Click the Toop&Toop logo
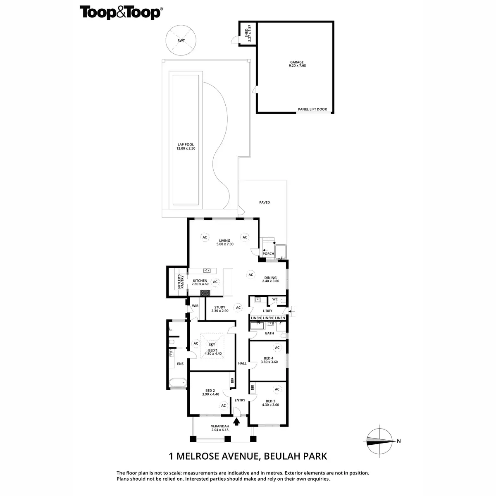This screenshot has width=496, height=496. point(120,12)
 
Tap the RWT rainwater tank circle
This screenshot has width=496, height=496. point(180,41)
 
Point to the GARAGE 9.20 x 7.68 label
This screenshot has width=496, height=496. point(297,64)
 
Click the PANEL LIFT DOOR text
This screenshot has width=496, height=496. point(312,110)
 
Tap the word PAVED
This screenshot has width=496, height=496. point(265,203)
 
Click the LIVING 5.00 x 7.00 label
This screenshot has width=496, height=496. point(225,242)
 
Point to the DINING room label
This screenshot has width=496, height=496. point(271,279)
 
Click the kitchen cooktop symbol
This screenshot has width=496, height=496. point(205,293)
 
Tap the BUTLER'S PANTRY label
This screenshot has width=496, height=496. point(180,282)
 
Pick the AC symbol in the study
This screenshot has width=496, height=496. point(238,308)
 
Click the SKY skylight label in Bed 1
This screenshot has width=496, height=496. point(212,344)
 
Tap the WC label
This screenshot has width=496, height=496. point(275,299)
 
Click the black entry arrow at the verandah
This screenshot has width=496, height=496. point(236,422)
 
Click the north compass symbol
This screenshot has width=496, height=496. point(379,441)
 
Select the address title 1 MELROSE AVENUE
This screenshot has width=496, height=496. point(248,456)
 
